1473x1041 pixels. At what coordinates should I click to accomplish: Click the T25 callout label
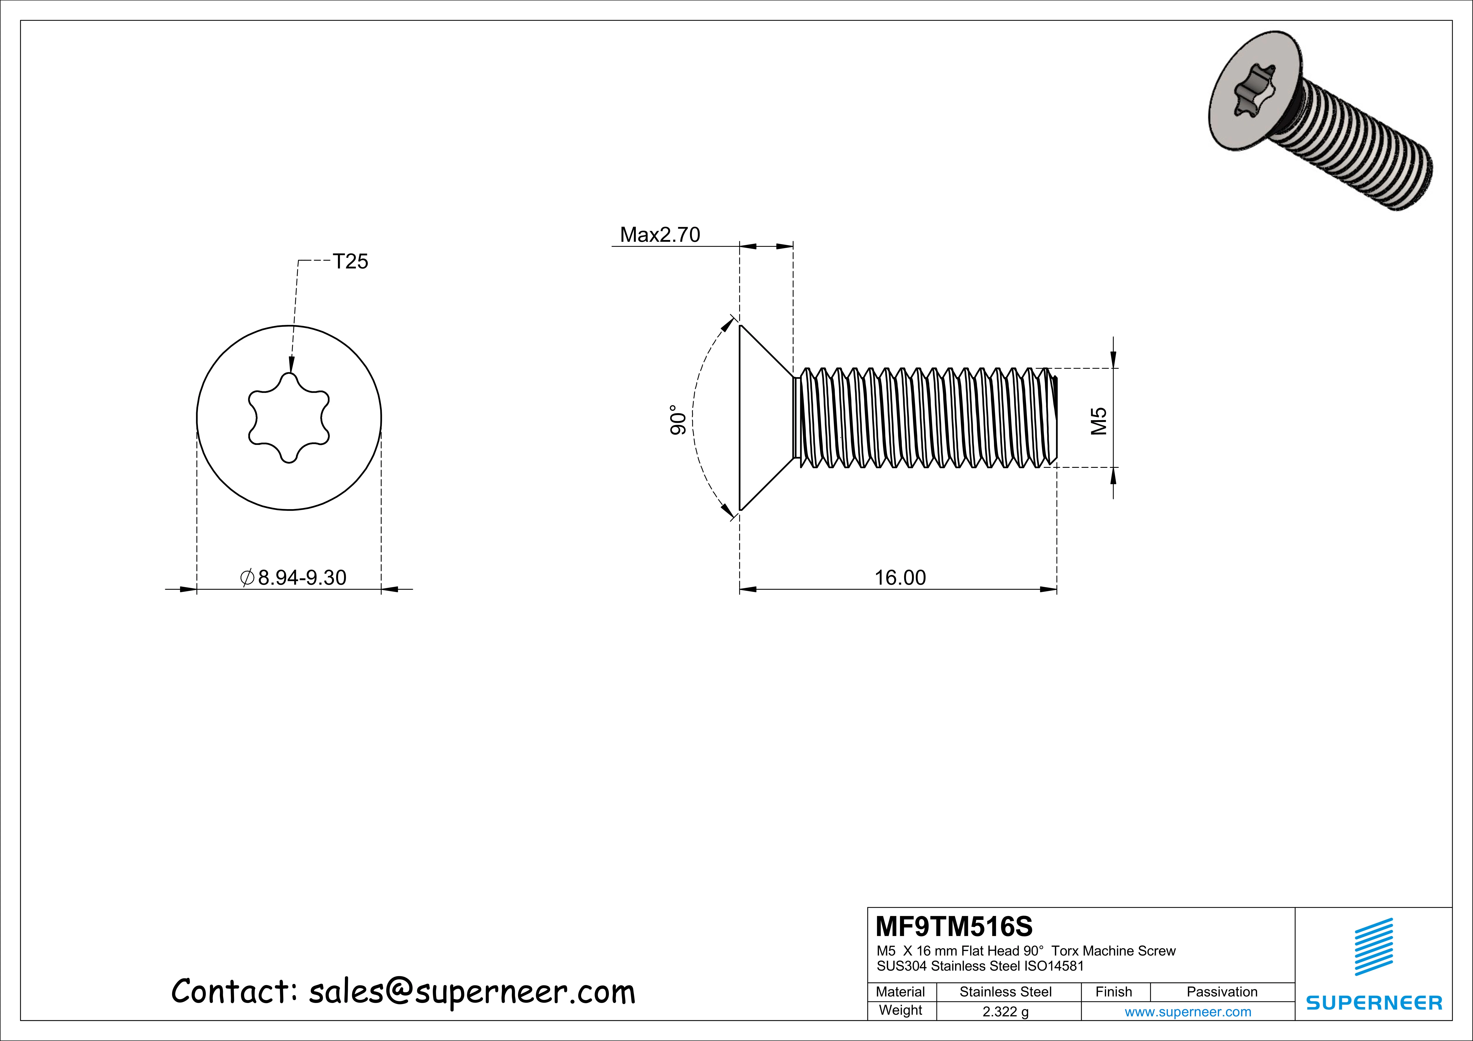[350, 262]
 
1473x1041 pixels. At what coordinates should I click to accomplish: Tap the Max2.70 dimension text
[659, 235]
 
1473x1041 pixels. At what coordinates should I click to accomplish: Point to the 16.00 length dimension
[900, 578]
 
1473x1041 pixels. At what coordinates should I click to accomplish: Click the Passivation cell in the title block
[1221, 992]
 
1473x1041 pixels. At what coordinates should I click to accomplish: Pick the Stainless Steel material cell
[1005, 992]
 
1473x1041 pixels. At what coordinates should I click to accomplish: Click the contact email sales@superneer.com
[472, 992]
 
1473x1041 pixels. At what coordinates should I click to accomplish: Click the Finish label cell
[1114, 992]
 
